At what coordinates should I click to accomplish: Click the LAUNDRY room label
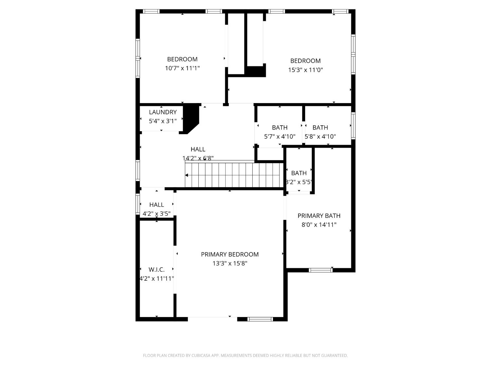tap(163, 112)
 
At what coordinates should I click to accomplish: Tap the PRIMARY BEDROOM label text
tap(230, 254)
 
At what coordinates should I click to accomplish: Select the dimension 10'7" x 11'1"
tap(182, 68)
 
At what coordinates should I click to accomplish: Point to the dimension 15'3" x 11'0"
tap(305, 70)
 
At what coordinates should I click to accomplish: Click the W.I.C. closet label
tap(156, 270)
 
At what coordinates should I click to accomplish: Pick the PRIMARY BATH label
tap(319, 216)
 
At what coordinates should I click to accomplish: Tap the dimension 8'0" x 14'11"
tap(319, 225)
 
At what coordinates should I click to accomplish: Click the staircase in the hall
tap(234, 175)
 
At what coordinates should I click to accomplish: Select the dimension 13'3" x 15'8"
tap(230, 263)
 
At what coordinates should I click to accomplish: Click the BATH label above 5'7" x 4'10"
tap(280, 128)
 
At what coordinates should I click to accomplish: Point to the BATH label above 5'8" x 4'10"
tap(320, 128)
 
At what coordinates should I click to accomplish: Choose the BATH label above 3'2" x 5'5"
tap(299, 173)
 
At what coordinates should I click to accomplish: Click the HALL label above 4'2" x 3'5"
tap(156, 205)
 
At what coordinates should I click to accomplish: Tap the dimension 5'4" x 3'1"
tap(163, 121)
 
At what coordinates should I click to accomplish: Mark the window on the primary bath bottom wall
tap(320, 270)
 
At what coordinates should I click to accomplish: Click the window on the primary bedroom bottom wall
tap(260, 319)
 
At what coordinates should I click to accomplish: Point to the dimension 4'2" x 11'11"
tap(156, 279)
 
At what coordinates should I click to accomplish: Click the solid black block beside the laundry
tap(191, 116)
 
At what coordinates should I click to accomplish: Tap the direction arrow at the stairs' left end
tap(187, 175)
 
